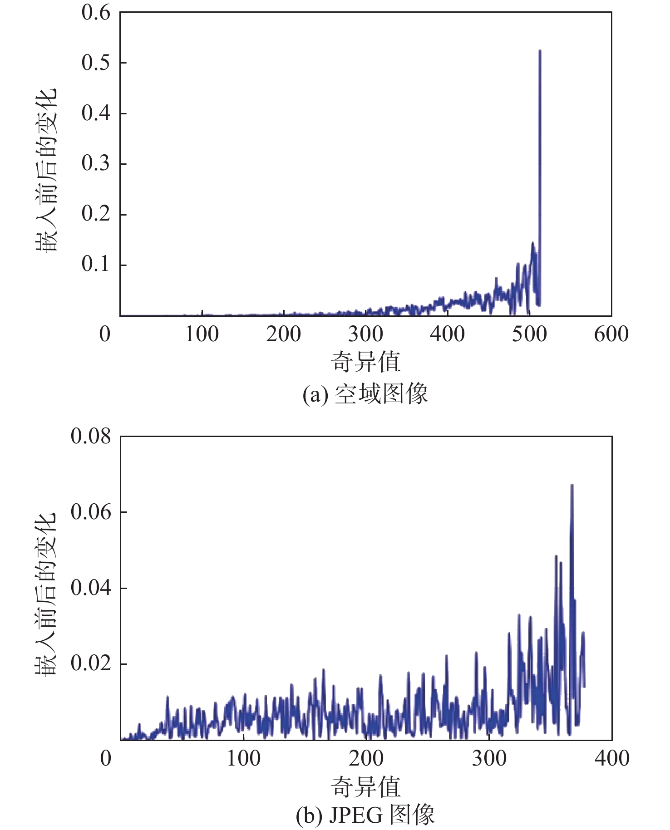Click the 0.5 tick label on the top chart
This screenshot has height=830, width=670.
click(x=96, y=63)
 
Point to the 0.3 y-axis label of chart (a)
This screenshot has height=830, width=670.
click(x=96, y=163)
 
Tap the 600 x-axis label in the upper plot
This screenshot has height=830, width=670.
click(x=611, y=334)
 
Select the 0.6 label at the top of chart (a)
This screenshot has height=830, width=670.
click(x=96, y=13)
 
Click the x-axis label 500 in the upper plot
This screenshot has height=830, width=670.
click(x=529, y=334)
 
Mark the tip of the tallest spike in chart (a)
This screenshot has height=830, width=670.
click(x=540, y=51)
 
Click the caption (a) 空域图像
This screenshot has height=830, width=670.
click(x=365, y=393)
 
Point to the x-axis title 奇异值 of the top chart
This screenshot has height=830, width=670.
click(x=365, y=362)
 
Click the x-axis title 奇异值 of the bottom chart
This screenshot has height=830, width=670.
click(x=365, y=786)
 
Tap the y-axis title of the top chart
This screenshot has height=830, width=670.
click(x=46, y=170)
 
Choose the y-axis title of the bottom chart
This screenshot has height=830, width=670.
click(x=46, y=594)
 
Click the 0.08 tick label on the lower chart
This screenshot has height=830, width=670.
click(x=90, y=437)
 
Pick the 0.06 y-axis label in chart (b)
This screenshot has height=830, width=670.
click(x=90, y=512)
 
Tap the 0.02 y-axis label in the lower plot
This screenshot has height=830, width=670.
click(x=90, y=663)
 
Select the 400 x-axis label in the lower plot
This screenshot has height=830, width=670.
click(x=612, y=758)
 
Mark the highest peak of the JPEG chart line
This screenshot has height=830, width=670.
click(x=572, y=485)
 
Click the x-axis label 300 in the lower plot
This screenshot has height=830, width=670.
click(x=489, y=758)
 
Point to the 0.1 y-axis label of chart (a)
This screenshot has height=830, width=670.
click(x=96, y=264)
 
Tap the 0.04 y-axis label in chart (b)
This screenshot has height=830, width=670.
click(x=90, y=588)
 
